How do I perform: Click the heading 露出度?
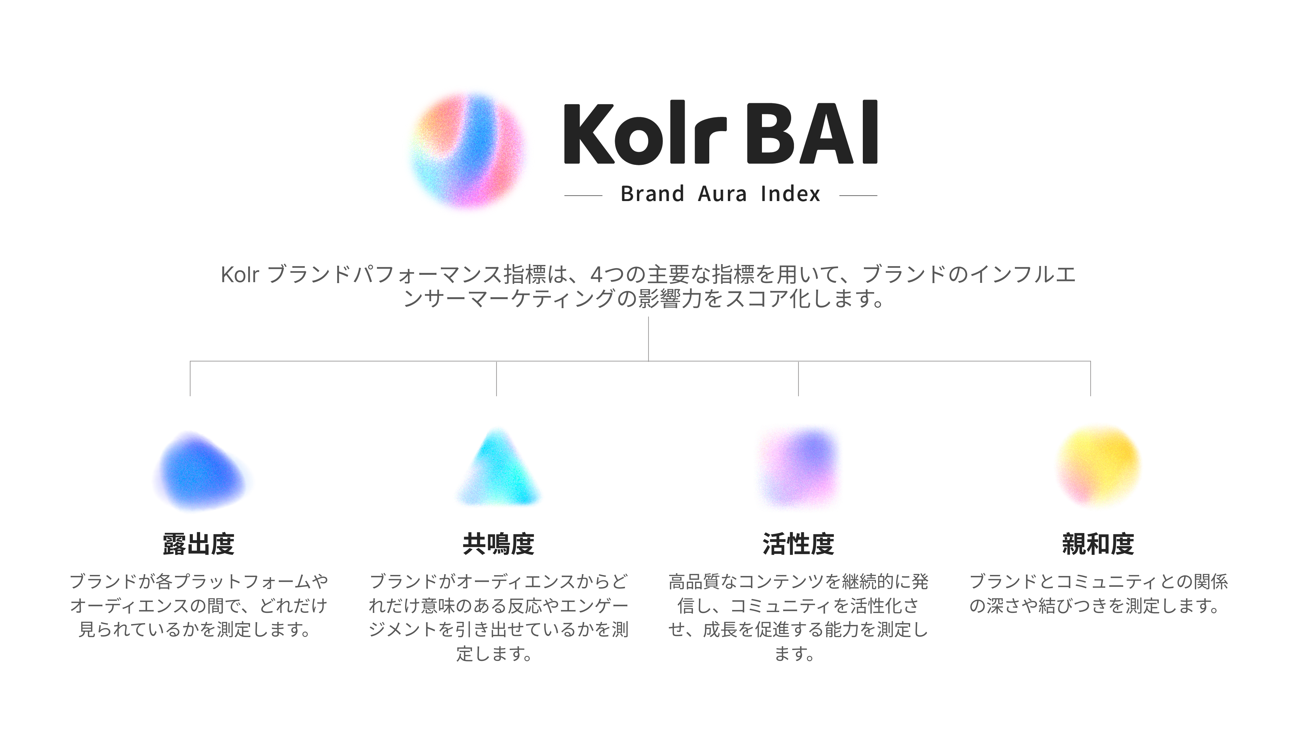coord(199,544)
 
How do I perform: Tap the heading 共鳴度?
coord(499,544)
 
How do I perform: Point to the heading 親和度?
coord(1098,544)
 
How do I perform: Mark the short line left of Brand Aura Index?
coord(583,195)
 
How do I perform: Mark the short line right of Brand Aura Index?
coord(858,195)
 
